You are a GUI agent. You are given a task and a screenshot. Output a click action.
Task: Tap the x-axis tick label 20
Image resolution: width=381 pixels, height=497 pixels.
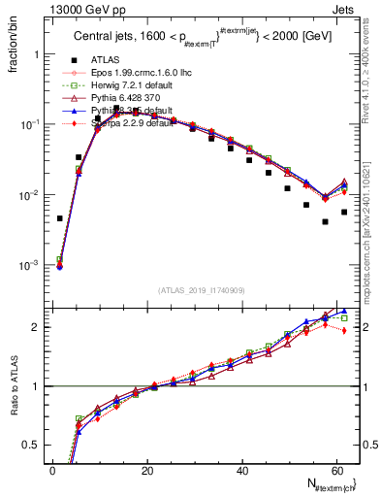point(147,471)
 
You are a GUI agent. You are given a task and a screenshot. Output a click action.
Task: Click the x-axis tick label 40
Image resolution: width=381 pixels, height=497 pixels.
point(242,471)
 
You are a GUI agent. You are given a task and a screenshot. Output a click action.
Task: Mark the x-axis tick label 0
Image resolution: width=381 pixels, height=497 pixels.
point(53,471)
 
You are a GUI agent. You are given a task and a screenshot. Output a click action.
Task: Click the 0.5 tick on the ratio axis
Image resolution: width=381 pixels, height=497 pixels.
point(35,445)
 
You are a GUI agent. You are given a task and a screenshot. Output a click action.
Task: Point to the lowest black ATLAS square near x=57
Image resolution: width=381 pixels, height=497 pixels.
point(325,221)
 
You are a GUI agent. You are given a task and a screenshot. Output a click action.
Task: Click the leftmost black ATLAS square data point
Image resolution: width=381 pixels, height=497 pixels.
point(60,218)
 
